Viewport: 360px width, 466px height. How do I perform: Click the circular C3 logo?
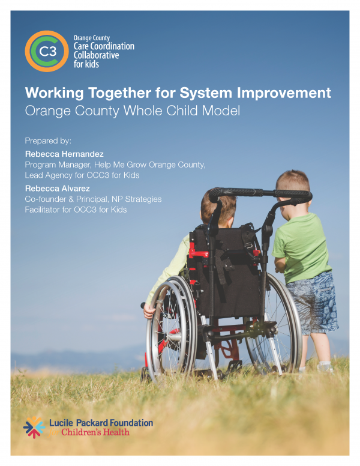pyautogui.click(x=46, y=51)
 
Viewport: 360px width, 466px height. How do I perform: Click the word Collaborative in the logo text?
pyautogui.click(x=95, y=55)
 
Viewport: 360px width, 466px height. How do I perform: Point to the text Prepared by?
pyautogui.click(x=48, y=141)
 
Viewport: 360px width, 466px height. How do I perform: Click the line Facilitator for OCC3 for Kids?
pyautogui.click(x=75, y=209)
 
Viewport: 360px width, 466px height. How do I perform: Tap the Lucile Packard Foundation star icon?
pyautogui.click(x=34, y=427)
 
